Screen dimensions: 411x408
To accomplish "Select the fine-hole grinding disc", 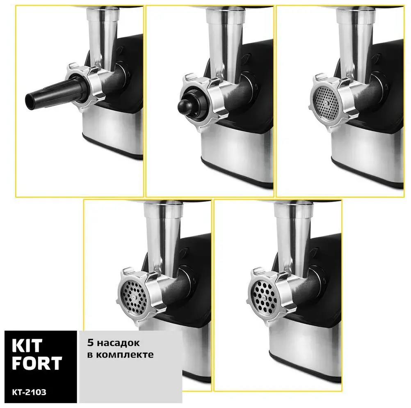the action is (325, 103).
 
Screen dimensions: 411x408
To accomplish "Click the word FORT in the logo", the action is (37, 363).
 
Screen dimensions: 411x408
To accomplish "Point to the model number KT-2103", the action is (29, 392).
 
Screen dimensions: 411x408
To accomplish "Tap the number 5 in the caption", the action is (90, 343).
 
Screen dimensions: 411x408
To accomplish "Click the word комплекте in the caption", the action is (125, 355).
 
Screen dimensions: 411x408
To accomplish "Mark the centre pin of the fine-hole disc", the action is (326, 103).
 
